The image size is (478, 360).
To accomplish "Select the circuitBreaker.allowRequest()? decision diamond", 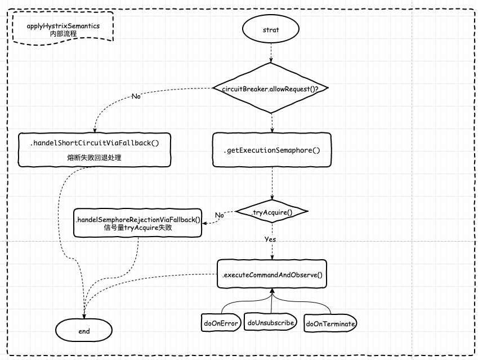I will point(271,88).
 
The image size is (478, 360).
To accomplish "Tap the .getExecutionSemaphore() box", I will point(272,150).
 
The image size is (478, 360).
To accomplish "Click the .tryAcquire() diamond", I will point(272,212).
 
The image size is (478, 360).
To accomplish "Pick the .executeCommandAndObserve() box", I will point(272,275).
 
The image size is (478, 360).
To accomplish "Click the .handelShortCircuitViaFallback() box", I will point(94,149).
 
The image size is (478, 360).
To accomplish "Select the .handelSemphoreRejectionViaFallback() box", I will point(138,223).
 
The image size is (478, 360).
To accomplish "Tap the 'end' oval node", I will point(84,331).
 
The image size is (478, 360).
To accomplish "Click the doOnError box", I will point(221,323).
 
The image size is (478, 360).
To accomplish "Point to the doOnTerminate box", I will point(330,323).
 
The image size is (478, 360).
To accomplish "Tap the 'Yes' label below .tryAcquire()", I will point(270,239).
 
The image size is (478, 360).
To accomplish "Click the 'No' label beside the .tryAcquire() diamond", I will point(220,215).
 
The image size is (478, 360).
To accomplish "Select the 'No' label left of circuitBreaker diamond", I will point(136,96).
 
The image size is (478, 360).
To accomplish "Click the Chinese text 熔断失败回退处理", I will point(94,158).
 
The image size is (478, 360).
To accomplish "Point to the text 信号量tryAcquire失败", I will point(138,228).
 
